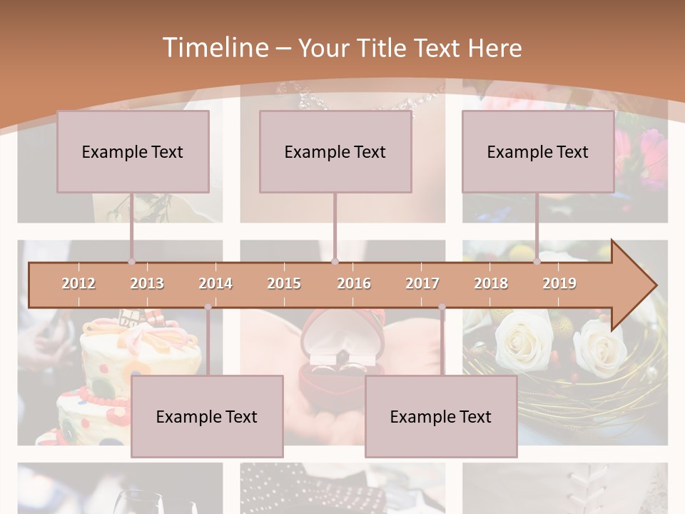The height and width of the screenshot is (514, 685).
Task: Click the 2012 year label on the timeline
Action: tap(78, 283)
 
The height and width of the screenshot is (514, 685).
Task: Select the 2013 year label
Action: tap(147, 283)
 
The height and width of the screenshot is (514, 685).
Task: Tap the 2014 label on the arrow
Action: tap(215, 283)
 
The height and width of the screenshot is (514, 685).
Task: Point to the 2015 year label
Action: tap(284, 283)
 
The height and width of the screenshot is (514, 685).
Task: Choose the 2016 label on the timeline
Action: tap(354, 283)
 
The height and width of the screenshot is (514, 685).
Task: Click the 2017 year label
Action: tap(422, 283)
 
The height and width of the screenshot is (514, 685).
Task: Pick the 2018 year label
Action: tap(491, 283)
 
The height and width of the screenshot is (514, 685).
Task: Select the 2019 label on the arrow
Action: tap(559, 283)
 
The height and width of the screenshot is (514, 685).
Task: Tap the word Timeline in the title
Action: tap(214, 48)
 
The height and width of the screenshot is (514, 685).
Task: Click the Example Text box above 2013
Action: tap(133, 151)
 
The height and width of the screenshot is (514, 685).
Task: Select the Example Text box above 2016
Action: tap(335, 151)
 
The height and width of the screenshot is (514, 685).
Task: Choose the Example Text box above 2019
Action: tap(538, 151)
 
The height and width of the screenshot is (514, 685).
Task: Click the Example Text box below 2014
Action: tap(207, 416)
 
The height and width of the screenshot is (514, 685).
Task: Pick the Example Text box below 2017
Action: tap(441, 416)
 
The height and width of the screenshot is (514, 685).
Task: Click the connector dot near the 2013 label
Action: tap(132, 262)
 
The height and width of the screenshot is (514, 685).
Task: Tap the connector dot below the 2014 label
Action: tap(208, 307)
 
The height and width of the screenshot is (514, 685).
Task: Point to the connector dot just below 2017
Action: tap(442, 307)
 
